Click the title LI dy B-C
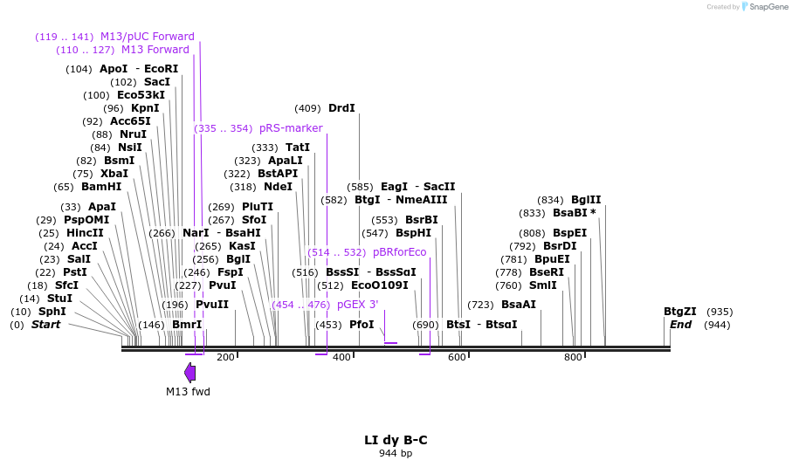[x=396, y=440]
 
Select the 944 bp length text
[x=396, y=454]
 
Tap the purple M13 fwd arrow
[x=189, y=372]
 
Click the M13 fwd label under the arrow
[x=188, y=392]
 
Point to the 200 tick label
[x=225, y=357]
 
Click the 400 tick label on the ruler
[x=341, y=357]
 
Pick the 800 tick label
[x=573, y=357]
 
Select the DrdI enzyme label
[x=341, y=108]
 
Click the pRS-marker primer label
[x=291, y=128]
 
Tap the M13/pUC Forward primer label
[x=147, y=37]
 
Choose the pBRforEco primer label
[x=399, y=252]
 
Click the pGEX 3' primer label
[x=357, y=305]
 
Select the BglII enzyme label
[x=586, y=200]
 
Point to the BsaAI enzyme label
[x=519, y=305]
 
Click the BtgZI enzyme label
[x=680, y=312]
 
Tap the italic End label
[x=680, y=325]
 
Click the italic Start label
[x=46, y=325]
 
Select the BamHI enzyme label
[x=101, y=187]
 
